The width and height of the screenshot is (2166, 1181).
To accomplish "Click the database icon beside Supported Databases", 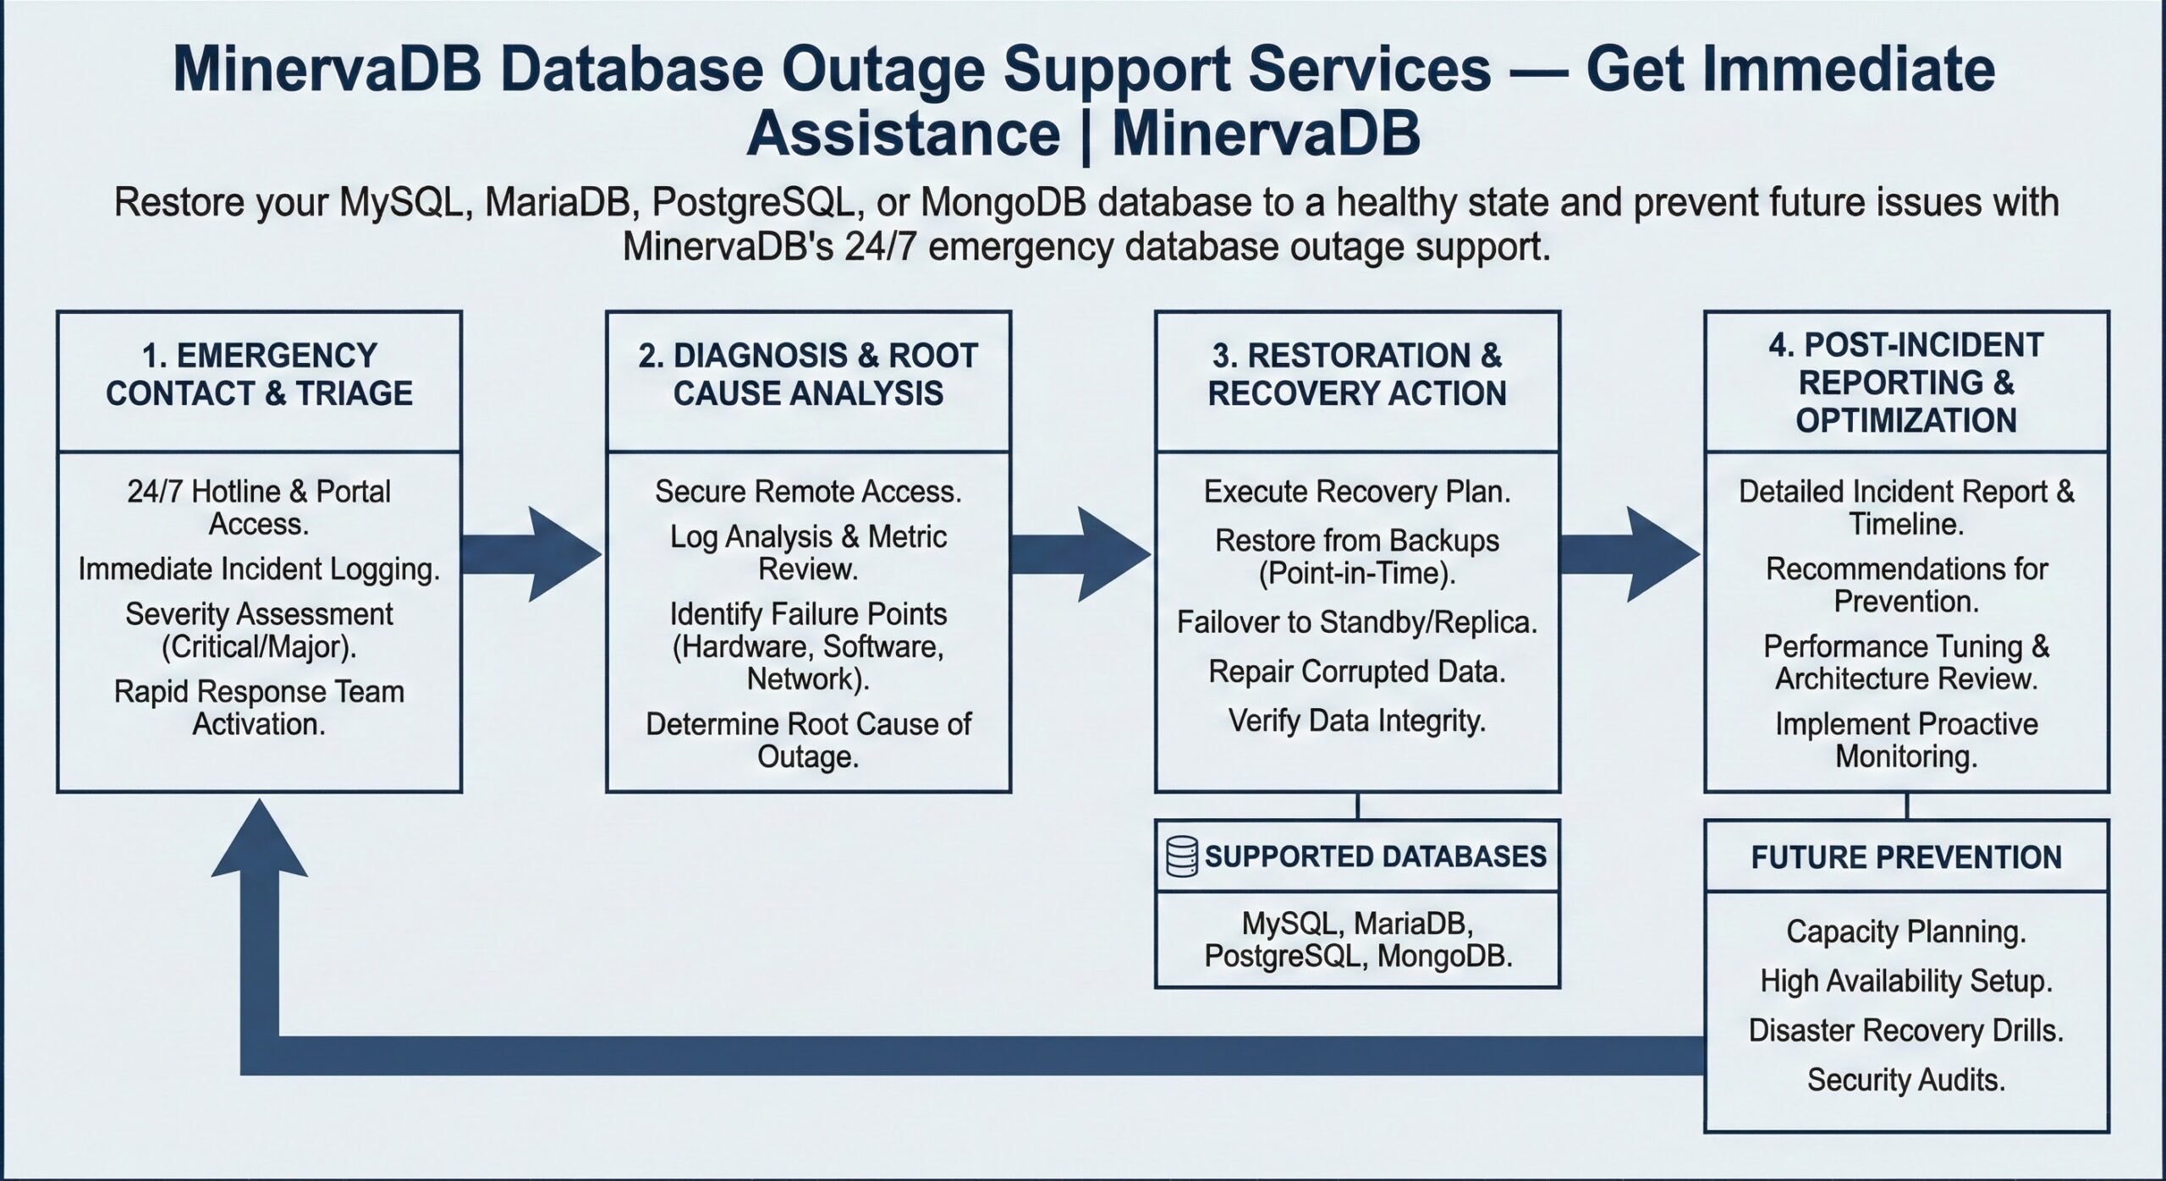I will pos(1181,856).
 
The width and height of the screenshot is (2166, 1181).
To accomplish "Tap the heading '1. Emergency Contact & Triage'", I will pos(259,375).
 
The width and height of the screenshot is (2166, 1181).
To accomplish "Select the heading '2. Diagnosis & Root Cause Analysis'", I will pos(808,375).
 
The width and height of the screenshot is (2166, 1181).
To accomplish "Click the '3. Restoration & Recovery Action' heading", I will pos(1357,375).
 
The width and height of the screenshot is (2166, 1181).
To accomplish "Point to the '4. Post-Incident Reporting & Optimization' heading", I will pos(1906,382).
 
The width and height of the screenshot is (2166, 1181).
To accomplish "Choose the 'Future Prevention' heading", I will pos(1906,857).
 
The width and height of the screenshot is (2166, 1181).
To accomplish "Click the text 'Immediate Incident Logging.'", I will pos(259,569).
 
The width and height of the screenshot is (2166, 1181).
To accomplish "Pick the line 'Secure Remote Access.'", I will pos(808,492).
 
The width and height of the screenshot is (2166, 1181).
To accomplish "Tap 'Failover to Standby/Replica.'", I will pos(1357,623).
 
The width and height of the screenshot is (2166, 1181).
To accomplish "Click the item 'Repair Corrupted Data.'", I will pos(1357,672).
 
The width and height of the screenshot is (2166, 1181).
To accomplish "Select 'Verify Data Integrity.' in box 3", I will pos(1357,721).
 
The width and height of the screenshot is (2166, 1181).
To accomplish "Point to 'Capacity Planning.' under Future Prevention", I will pos(1906,931).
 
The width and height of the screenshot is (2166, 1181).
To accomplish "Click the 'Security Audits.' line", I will pos(1906,1079).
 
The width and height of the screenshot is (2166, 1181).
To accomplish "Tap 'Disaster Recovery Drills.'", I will pos(1906,1030).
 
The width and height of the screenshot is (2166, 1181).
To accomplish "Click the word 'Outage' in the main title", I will pos(883,69).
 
